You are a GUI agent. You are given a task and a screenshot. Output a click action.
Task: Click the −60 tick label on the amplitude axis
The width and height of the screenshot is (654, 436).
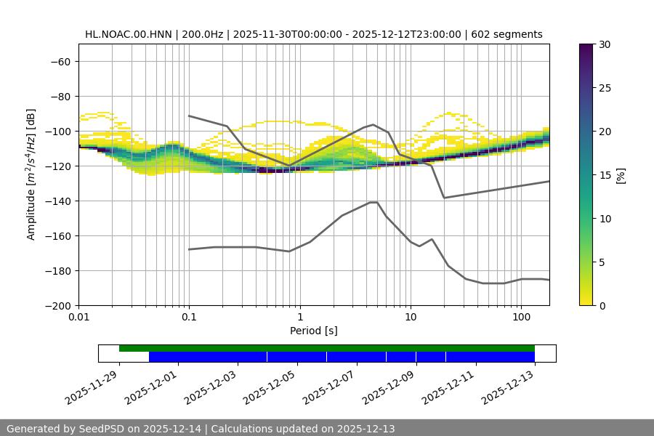click(60, 61)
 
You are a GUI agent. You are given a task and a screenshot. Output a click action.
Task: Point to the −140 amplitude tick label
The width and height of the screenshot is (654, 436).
click(57, 201)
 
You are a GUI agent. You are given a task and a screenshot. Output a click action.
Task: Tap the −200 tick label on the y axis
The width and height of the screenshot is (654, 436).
click(57, 305)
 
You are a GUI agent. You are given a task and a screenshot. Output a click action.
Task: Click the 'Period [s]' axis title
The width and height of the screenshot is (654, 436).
click(314, 331)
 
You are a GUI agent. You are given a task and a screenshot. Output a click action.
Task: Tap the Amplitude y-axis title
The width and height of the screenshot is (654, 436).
click(31, 174)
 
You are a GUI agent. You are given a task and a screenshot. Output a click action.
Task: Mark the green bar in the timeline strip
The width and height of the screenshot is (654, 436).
click(327, 348)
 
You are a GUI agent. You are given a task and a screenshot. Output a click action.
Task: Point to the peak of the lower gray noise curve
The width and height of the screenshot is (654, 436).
click(374, 202)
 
